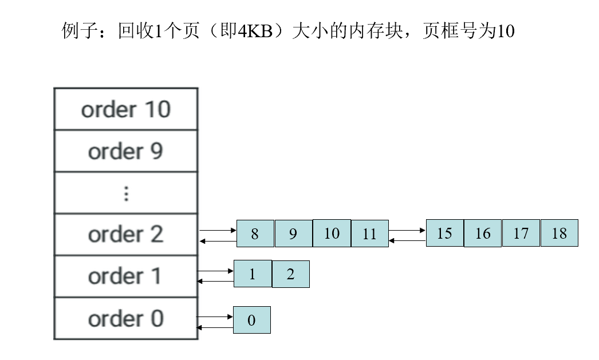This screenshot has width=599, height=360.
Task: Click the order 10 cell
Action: (126, 109)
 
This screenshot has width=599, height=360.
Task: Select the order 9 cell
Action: (126, 151)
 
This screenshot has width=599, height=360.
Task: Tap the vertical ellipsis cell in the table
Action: (126, 193)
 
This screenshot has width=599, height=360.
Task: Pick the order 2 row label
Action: (126, 235)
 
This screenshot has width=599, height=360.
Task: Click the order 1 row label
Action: (126, 276)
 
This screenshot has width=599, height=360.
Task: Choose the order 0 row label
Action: (126, 319)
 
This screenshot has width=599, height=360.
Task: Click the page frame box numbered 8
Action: (255, 234)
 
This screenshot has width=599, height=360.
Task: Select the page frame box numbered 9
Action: (293, 234)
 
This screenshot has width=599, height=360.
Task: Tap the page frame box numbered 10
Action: (332, 234)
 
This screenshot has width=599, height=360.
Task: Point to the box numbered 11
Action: (370, 234)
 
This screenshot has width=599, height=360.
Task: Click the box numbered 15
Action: (444, 233)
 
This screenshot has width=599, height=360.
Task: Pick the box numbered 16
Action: (483, 233)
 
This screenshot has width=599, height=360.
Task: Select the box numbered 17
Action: (521, 233)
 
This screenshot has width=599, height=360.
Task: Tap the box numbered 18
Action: (559, 233)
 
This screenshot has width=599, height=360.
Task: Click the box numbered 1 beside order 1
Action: (252, 274)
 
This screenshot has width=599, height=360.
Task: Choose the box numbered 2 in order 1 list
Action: (290, 274)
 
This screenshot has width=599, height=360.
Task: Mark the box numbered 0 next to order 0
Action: (251, 320)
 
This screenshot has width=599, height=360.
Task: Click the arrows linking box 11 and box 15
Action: (407, 236)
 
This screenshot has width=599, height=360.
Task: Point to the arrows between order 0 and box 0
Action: (215, 322)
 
